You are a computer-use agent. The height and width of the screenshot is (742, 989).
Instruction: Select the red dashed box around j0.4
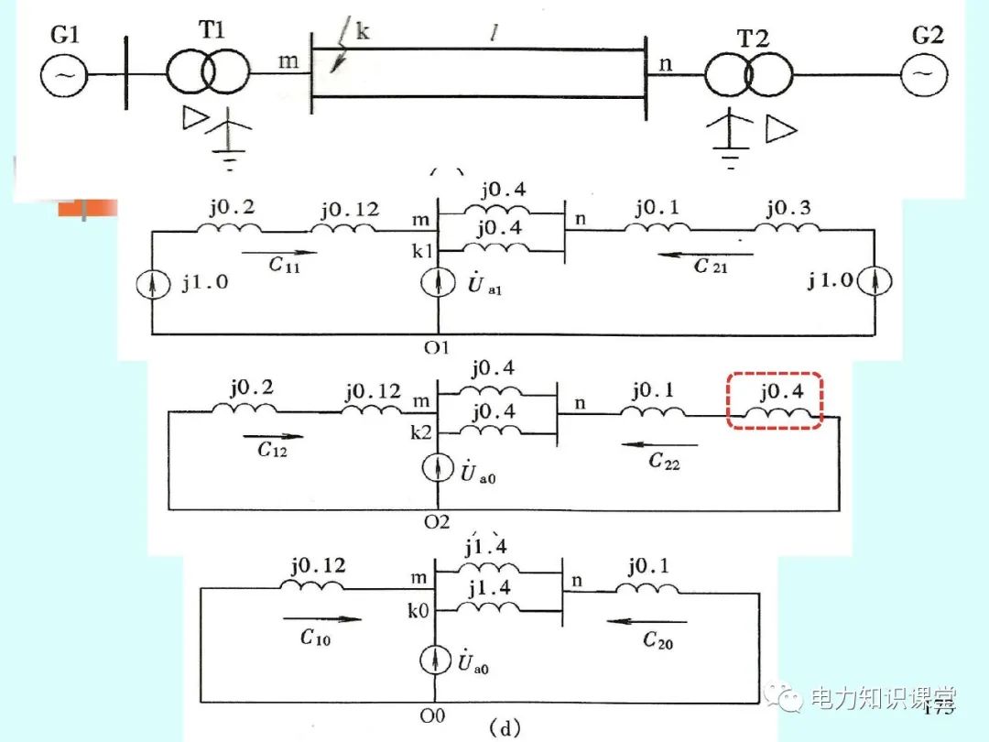pyautogui.click(x=775, y=399)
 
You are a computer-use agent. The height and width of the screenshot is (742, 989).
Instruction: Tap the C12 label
pyautogui.click(x=273, y=450)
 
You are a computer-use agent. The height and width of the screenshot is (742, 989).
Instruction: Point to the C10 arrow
pyautogui.click(x=322, y=618)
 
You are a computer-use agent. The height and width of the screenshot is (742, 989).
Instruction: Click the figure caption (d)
pyautogui.click(x=502, y=729)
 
